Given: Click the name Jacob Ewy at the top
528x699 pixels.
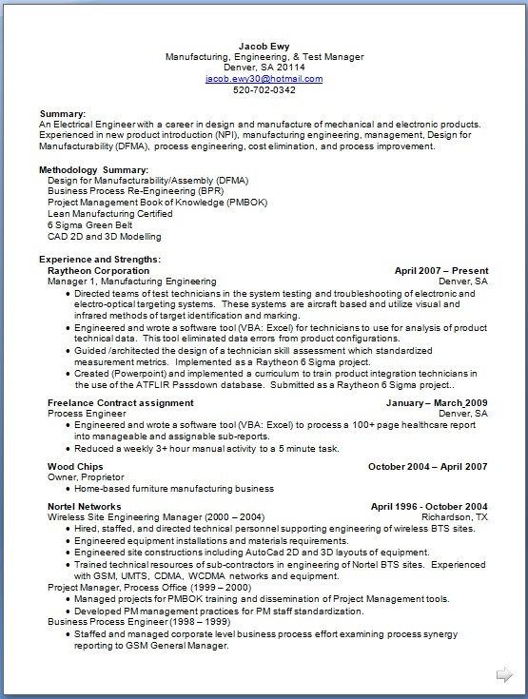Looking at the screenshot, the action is point(264,46).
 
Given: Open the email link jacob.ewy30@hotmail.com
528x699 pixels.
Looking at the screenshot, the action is point(264,79).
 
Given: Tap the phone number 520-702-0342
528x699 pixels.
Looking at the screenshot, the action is point(264,90).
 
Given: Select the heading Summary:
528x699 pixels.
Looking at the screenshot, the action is point(63,113).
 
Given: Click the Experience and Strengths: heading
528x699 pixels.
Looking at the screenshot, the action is point(99,260).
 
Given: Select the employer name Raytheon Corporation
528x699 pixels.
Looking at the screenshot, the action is point(98,271).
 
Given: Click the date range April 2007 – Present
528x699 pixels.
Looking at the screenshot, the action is point(440,271).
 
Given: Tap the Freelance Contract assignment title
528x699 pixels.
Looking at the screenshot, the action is point(120,403).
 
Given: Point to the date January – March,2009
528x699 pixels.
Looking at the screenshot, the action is point(437,403).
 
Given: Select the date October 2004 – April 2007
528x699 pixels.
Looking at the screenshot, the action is point(427,467).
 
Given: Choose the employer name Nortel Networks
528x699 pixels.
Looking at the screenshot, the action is point(84,506).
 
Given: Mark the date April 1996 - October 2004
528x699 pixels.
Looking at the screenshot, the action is point(429,506).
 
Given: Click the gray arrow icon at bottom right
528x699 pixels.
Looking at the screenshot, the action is point(503,675).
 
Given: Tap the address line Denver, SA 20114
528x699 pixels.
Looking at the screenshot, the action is point(264,68).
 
